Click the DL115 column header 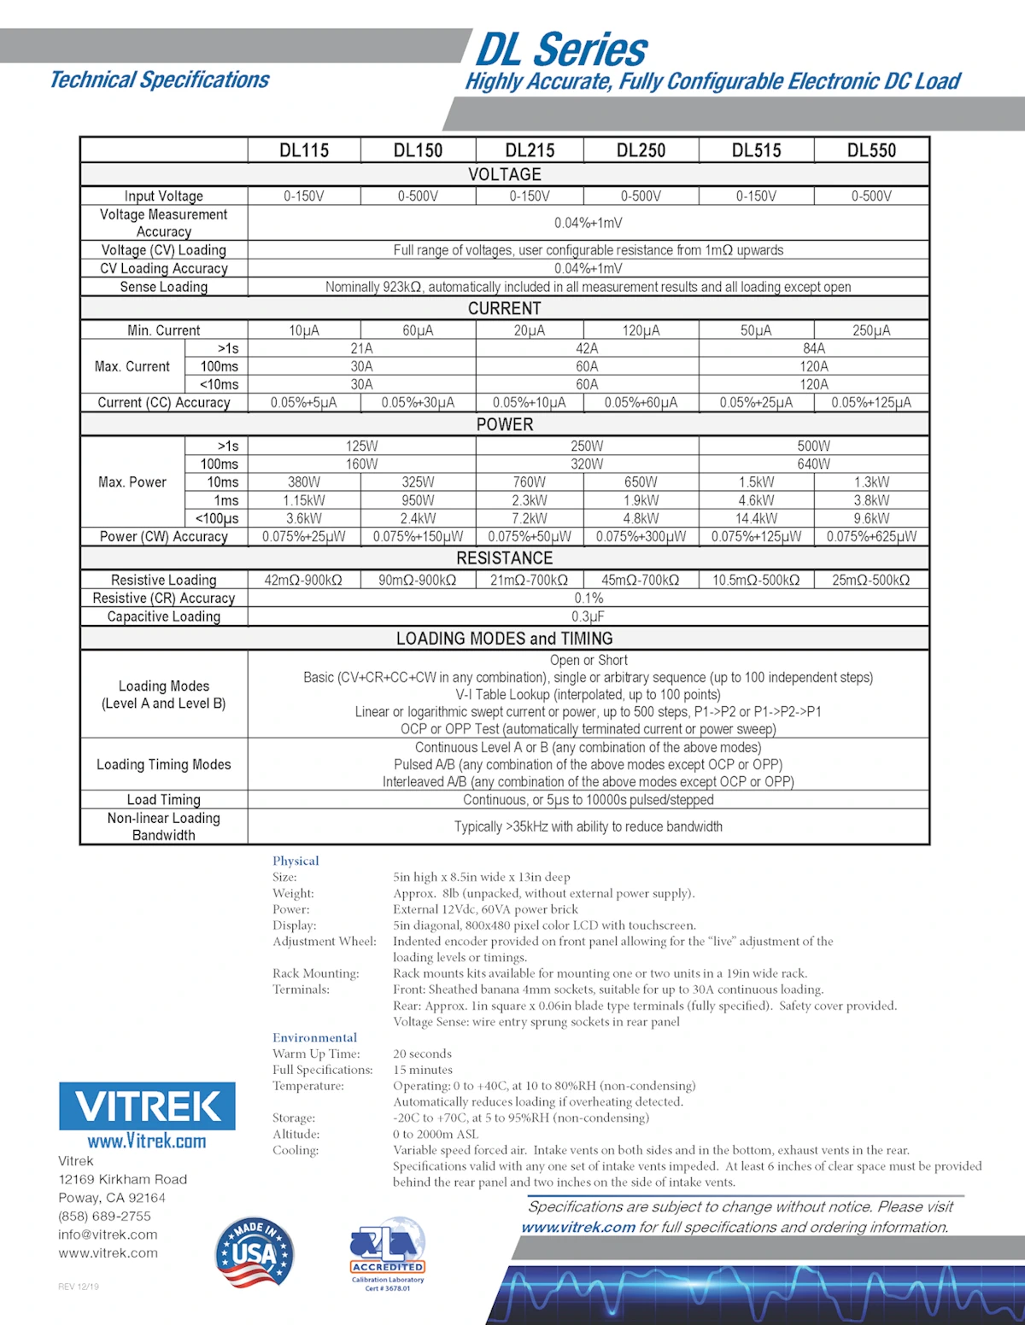click(x=304, y=150)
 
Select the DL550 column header click(x=871, y=150)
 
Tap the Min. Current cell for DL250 click(x=641, y=330)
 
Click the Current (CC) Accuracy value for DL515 click(x=756, y=402)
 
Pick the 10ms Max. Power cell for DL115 click(x=304, y=482)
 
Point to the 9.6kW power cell click(x=871, y=518)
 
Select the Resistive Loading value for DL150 click(x=418, y=580)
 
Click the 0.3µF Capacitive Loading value click(x=589, y=616)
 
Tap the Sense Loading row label click(x=164, y=287)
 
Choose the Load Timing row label click(x=164, y=800)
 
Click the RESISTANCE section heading click(x=504, y=558)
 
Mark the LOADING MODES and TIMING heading click(x=504, y=639)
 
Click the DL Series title click(x=561, y=50)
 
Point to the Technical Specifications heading click(x=160, y=80)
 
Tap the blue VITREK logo click(x=147, y=1106)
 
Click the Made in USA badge click(x=254, y=1252)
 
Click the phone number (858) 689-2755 click(x=104, y=1216)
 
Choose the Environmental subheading click(x=314, y=1037)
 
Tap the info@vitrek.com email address click(x=108, y=1235)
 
